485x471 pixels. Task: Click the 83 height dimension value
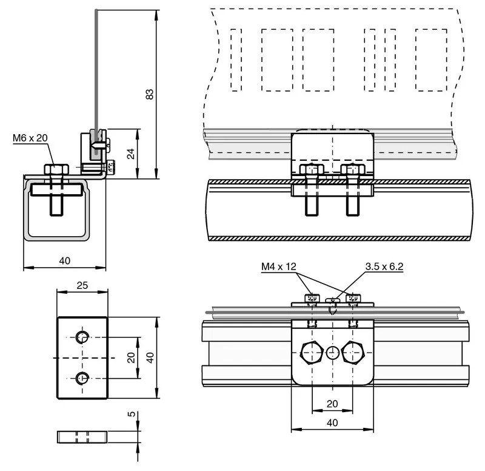coord(149,94)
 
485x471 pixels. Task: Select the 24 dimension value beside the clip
coord(131,154)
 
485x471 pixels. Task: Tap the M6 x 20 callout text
coord(30,138)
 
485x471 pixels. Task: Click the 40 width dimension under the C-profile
coord(65,261)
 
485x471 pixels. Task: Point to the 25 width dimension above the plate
coord(82,285)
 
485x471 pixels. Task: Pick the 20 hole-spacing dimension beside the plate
coord(131,357)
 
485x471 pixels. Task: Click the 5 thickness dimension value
coord(132,414)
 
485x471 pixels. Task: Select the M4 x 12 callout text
coord(279,266)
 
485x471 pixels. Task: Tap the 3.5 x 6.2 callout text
coord(384,266)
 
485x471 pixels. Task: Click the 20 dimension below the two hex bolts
coord(332,404)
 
